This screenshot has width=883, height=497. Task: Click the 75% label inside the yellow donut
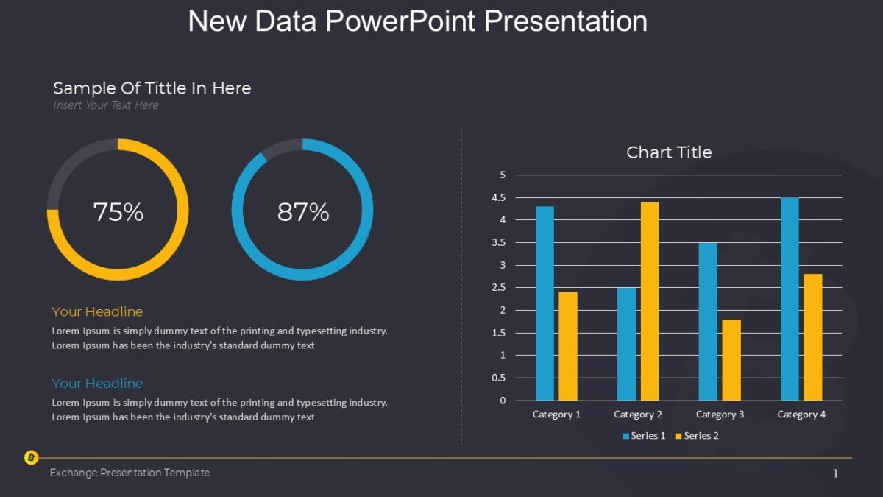coord(118,212)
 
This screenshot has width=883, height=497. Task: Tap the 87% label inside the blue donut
coord(302,212)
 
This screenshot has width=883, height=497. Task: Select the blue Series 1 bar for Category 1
coord(545,303)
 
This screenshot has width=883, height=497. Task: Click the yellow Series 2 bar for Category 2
coord(649,301)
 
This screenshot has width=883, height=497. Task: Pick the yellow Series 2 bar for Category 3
coord(731,360)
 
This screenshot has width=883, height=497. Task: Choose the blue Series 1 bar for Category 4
coord(790,299)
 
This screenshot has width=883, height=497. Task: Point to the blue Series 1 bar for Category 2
coord(626,344)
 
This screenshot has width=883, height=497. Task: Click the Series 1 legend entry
coord(644,436)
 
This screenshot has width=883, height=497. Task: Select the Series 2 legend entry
coord(697,436)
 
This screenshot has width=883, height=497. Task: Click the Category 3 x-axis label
coord(720,415)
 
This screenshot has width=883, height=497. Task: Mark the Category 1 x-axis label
coord(556,415)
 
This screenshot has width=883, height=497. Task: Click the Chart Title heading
coord(669,152)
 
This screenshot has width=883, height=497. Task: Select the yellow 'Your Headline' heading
coord(97,312)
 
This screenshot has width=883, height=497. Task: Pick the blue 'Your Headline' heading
coord(97,384)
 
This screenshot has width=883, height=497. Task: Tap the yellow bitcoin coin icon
coord(31,458)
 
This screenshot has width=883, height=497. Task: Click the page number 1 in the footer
coord(835,473)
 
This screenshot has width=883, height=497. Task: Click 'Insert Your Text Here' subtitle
coord(105,105)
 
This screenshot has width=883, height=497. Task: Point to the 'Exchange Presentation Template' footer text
coord(130,473)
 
